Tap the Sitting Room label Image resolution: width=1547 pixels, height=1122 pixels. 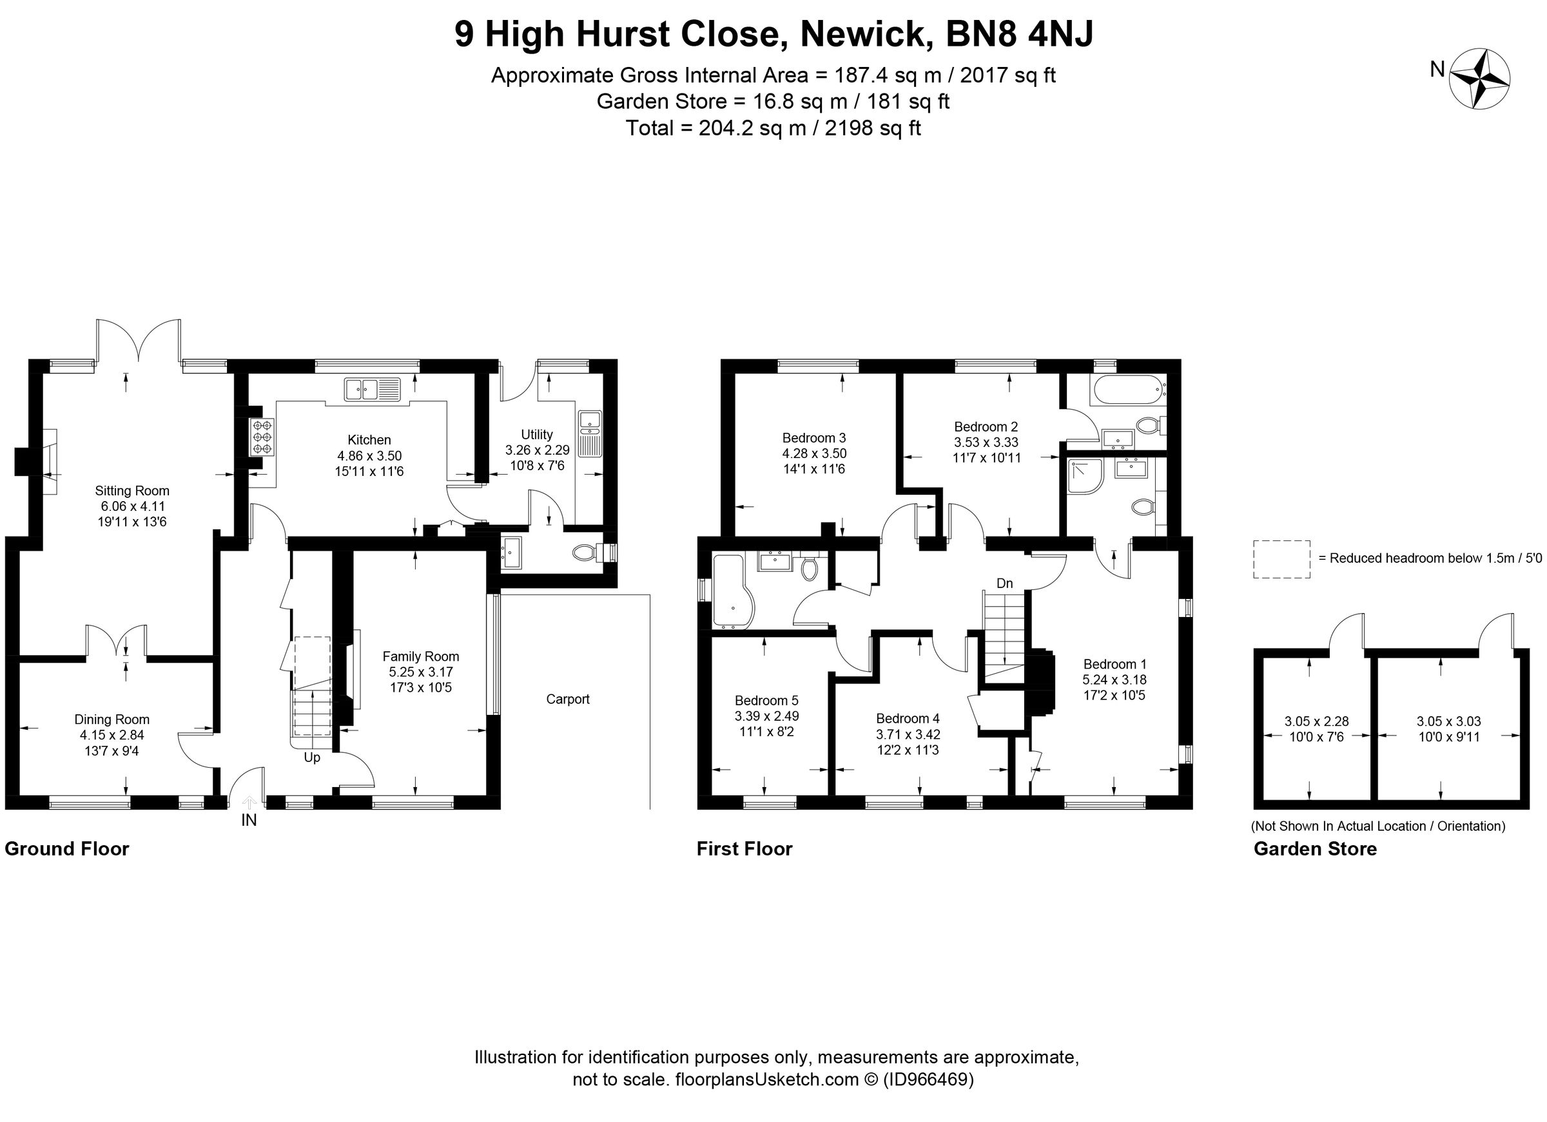[131, 490]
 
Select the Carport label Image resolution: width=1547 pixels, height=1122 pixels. [567, 699]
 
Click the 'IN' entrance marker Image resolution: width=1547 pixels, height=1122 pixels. [249, 820]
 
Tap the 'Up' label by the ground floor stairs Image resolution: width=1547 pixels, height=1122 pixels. [312, 757]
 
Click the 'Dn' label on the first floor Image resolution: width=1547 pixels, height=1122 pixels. [1004, 584]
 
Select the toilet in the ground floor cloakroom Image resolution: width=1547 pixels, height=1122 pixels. [585, 551]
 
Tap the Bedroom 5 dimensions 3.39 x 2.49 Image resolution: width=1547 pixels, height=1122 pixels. [766, 716]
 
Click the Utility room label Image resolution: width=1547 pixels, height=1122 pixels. [536, 434]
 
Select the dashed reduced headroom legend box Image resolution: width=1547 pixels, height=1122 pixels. [1281, 559]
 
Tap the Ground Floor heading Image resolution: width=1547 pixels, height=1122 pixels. [67, 849]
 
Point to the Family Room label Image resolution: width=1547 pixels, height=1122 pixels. [420, 656]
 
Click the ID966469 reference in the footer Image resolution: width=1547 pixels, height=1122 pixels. [928, 1079]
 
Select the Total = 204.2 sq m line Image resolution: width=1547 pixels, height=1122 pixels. [773, 128]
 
